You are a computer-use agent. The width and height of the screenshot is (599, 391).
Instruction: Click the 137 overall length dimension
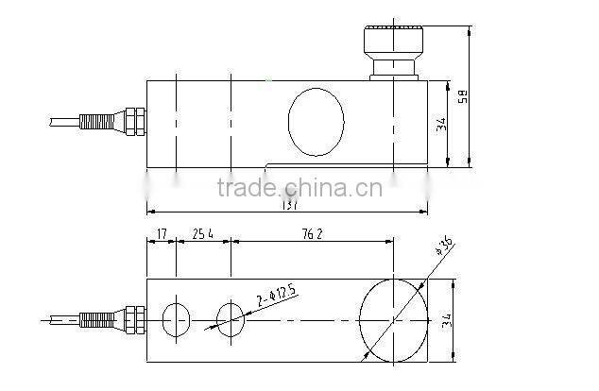[x=291, y=205]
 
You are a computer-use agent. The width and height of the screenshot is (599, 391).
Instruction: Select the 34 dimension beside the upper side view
[x=442, y=125]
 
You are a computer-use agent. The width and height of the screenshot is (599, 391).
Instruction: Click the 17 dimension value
[x=161, y=232]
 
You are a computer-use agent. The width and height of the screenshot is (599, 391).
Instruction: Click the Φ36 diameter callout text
[x=444, y=247]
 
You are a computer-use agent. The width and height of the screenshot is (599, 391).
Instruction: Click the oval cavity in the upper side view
[x=317, y=121]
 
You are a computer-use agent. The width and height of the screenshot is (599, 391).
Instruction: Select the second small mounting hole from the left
[x=231, y=319]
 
